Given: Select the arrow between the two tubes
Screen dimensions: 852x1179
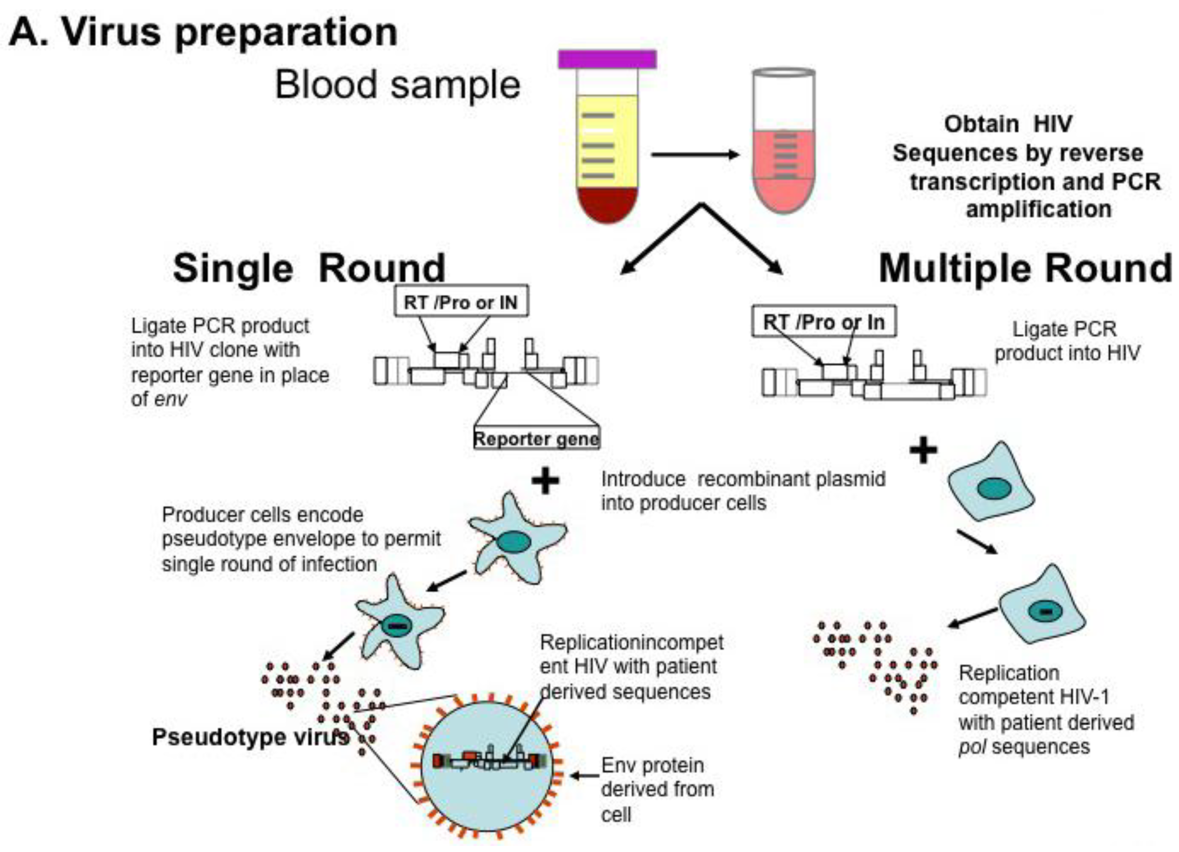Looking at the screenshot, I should pyautogui.click(x=695, y=154).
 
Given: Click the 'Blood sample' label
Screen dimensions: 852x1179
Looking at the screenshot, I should pyautogui.click(x=397, y=85).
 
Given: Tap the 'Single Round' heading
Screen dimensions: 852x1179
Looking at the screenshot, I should pyautogui.click(x=309, y=268).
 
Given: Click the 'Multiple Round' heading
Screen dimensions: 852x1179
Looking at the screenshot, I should pyautogui.click(x=1025, y=268).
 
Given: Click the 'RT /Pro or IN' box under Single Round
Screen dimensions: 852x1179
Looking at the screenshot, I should pyautogui.click(x=461, y=302).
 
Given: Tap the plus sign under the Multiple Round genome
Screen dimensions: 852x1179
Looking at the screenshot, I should pyautogui.click(x=923, y=451).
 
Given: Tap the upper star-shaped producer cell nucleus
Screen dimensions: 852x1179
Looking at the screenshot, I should pyautogui.click(x=514, y=542).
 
